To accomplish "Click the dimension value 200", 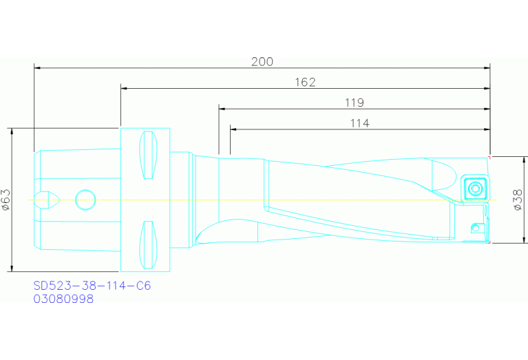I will [x=262, y=61].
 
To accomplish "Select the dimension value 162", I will [x=305, y=82].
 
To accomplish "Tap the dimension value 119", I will [x=354, y=103].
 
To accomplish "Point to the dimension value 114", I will [x=359, y=123].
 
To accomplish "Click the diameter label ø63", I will [x=6, y=200].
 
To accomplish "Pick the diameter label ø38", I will [x=517, y=200].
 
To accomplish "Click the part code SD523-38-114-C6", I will [x=92, y=286].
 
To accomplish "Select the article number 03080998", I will [x=63, y=299].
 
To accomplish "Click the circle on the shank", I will [x=86, y=200].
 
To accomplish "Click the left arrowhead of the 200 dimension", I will [x=37, y=68].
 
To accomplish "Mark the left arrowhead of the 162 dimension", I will [x=124, y=88].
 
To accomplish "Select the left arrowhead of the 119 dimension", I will [x=222, y=108].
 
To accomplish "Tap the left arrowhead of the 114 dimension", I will [x=233, y=129].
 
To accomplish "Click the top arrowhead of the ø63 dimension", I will [x=12, y=131].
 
